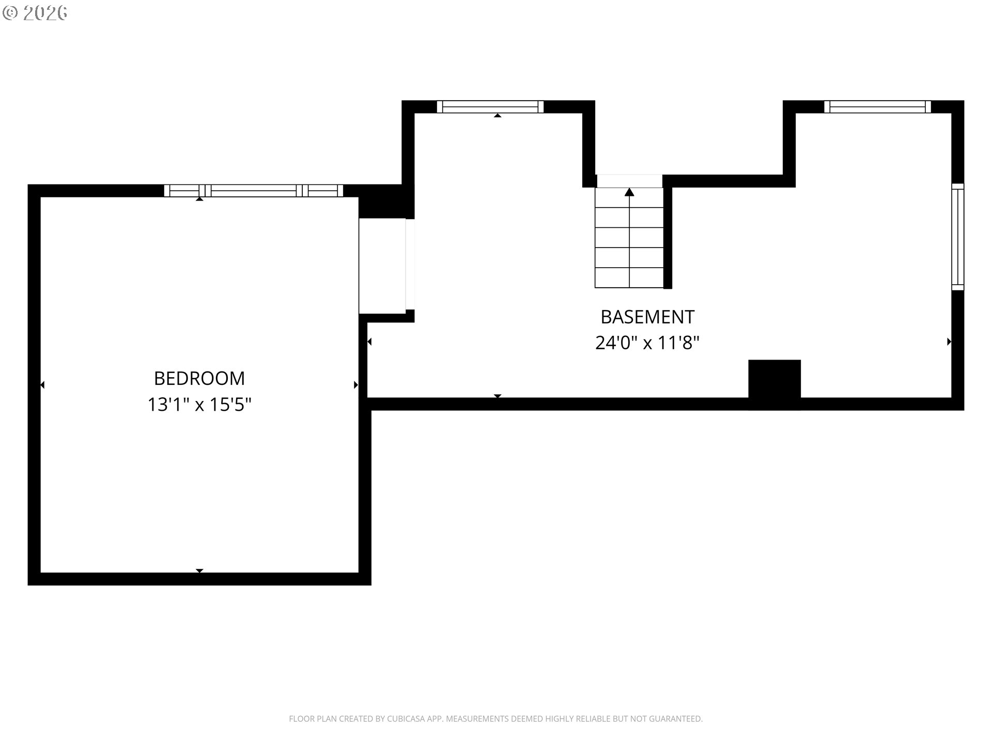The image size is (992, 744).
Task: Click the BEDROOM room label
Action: [x=199, y=378]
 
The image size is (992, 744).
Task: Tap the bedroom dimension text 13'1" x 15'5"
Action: [x=199, y=404]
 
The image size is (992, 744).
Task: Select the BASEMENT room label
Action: [x=647, y=316]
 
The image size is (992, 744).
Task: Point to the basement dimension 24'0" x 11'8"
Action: [x=647, y=342]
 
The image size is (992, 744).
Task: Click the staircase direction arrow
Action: [x=629, y=192]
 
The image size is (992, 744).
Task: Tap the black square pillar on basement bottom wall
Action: [x=774, y=384]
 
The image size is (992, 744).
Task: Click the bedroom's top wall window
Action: [x=254, y=191]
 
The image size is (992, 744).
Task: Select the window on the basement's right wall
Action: [x=958, y=237]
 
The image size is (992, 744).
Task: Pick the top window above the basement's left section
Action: [x=490, y=106]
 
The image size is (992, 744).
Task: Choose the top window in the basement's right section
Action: [x=877, y=106]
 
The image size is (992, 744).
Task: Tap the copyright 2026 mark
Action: [x=35, y=13]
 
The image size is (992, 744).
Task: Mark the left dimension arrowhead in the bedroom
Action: [x=42, y=385]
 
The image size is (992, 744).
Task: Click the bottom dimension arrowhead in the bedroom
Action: [x=199, y=570]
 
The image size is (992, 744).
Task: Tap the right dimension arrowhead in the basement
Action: [x=949, y=342]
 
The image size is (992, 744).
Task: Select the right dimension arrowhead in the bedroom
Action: [x=356, y=385]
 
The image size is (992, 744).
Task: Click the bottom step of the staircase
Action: [x=629, y=277]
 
